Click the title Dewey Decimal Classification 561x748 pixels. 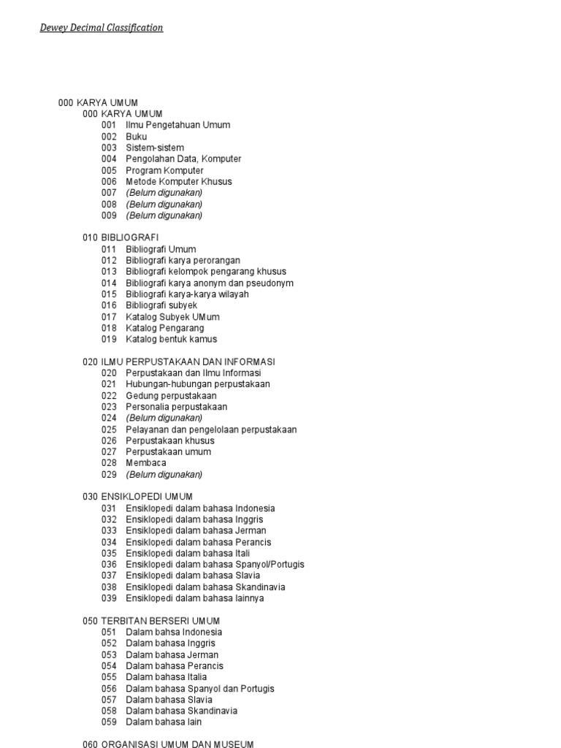[x=102, y=28]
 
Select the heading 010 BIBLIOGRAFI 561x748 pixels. [x=121, y=237]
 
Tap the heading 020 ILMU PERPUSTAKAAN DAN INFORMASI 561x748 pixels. [x=178, y=362]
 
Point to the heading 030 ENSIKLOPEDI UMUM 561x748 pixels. [x=137, y=497]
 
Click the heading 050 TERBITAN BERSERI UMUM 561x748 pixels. [x=151, y=621]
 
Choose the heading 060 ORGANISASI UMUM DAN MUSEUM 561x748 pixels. [x=168, y=744]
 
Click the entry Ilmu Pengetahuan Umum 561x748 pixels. [x=178, y=125]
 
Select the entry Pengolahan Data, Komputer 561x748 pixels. [x=183, y=159]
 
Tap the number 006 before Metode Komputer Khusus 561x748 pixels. [x=109, y=181]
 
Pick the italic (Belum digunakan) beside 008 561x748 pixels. [x=164, y=205]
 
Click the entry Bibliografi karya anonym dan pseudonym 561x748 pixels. [x=210, y=283]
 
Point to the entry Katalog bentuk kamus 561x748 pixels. [x=171, y=339]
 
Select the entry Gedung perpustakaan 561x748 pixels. [x=171, y=395]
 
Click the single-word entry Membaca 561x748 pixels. [x=146, y=462]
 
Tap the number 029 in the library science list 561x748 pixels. [x=109, y=474]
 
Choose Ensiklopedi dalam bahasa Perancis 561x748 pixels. [x=198, y=542]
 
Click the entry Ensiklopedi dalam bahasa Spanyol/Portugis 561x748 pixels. [x=215, y=565]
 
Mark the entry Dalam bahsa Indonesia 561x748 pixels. [x=174, y=632]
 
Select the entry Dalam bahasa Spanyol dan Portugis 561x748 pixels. [x=199, y=688]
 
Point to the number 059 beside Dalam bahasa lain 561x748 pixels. [x=109, y=722]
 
